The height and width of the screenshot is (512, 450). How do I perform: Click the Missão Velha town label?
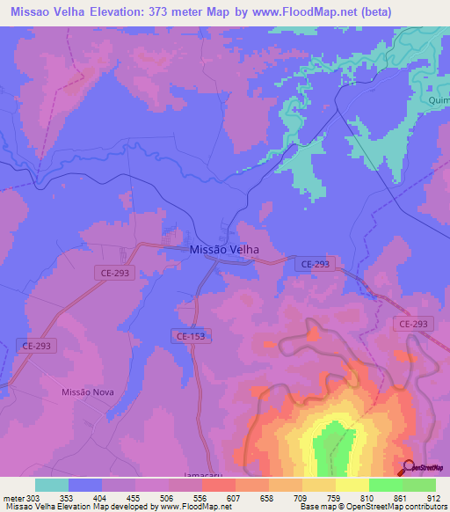point(224,249)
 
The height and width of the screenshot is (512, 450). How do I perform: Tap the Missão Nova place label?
point(88,391)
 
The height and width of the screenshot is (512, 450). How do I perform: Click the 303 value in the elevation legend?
point(36,498)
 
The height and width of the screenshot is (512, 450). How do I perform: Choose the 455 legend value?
point(135,498)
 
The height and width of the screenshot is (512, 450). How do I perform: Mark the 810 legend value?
point(368,498)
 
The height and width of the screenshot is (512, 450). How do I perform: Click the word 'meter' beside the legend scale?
point(13,498)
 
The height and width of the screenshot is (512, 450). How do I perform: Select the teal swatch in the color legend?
point(52,485)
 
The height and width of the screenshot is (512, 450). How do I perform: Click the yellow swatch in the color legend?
point(352,485)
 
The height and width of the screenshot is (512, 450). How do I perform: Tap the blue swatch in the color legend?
point(85,485)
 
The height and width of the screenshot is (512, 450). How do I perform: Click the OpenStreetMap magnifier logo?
point(409,468)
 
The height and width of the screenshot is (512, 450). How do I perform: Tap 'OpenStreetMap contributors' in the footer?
point(396,508)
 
